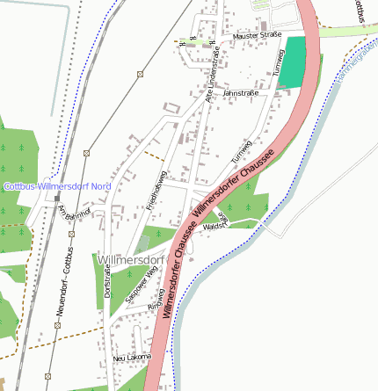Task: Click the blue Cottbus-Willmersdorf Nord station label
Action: pos(57,186)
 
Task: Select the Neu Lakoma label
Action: pos(133,358)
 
